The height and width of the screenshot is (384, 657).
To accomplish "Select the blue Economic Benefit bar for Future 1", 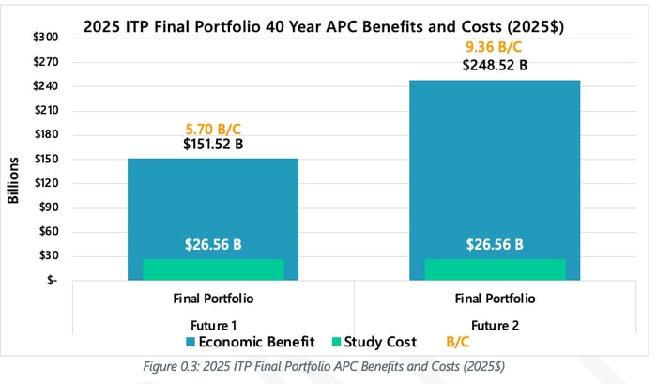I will click(212, 202).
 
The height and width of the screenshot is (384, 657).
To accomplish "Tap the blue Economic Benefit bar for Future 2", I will click(495, 160).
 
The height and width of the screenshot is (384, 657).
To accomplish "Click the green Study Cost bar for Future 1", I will click(212, 269).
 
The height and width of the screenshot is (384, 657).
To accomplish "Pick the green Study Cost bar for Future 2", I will click(495, 269).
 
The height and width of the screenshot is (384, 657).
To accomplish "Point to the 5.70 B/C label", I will click(212, 129).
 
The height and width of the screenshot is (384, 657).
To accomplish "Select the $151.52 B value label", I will click(212, 146).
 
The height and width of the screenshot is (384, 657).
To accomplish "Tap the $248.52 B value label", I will click(495, 67).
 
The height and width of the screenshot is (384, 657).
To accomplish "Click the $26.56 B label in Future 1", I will click(212, 245).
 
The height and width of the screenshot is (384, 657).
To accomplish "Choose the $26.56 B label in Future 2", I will click(495, 245).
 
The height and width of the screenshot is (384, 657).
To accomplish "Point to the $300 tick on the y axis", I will click(46, 38).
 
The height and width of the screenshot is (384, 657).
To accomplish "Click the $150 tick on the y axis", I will click(46, 159).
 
